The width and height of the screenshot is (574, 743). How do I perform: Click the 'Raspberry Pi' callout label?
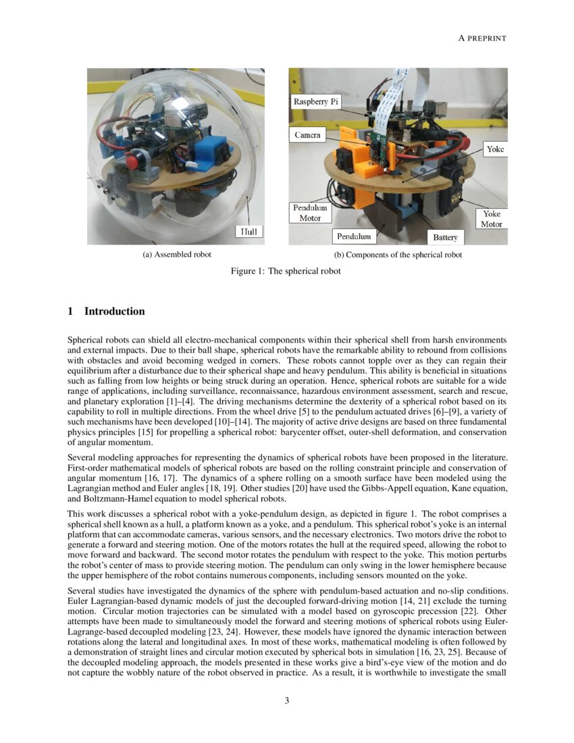point(315,102)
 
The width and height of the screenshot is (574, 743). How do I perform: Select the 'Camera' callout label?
point(307,135)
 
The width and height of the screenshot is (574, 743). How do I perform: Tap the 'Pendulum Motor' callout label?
point(310,213)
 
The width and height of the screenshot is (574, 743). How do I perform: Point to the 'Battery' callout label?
point(445,237)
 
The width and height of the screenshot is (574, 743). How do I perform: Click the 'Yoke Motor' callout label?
point(491,218)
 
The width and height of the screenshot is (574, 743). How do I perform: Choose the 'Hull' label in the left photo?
point(249,232)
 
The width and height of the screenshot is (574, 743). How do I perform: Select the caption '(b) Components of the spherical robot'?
point(398,255)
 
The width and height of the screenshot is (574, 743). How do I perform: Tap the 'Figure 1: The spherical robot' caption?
point(287,271)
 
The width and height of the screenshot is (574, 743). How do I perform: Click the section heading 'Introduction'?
point(114,311)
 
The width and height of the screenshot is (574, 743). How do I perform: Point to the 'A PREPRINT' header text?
point(482,38)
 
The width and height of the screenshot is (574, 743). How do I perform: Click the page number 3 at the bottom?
point(287,700)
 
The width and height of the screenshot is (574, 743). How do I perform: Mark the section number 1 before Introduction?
point(71,311)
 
